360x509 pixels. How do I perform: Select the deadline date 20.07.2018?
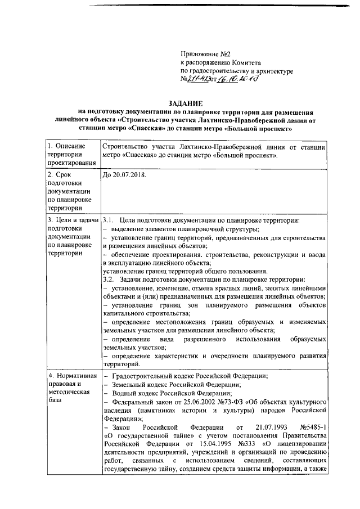123,175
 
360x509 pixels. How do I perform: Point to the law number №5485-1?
314,427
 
